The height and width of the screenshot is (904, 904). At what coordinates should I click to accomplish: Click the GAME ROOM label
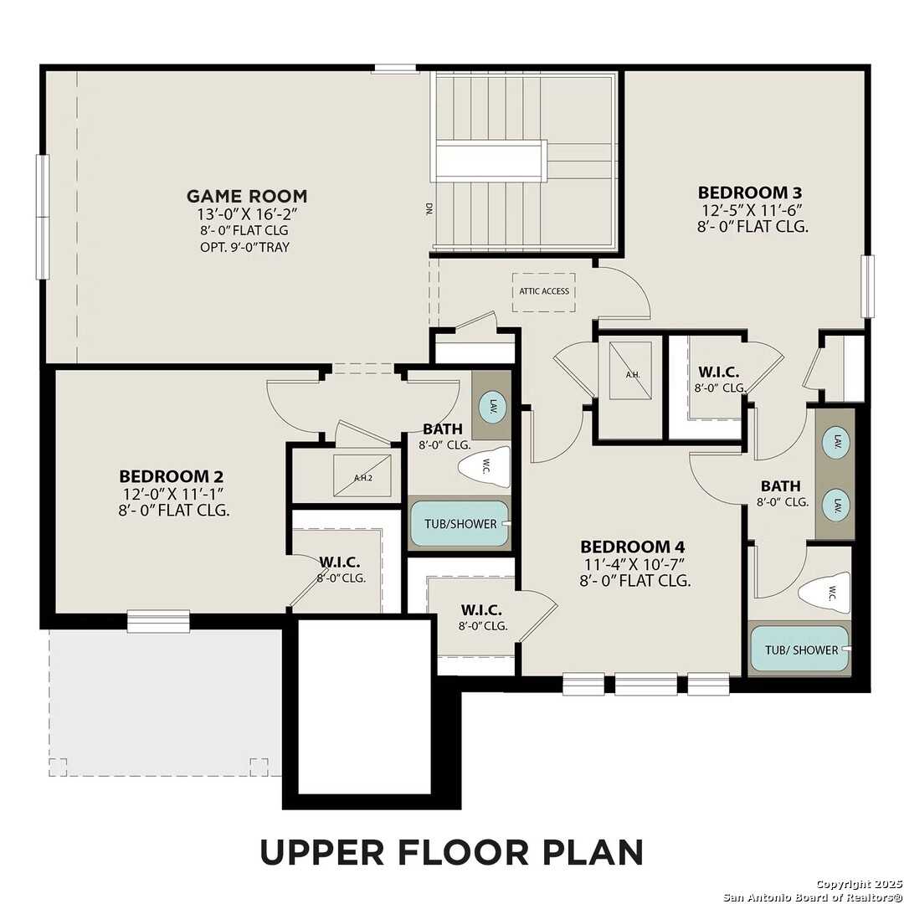[x=246, y=196]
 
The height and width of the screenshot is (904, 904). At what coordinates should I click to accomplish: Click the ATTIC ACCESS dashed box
[x=543, y=291]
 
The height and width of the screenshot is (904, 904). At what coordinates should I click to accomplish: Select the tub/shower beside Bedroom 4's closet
[x=458, y=524]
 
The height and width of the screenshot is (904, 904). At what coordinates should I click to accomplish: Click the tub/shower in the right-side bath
[x=799, y=650]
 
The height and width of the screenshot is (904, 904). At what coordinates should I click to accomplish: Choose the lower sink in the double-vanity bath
[x=836, y=505]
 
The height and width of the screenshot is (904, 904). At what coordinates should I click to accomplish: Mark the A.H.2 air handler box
[x=362, y=476]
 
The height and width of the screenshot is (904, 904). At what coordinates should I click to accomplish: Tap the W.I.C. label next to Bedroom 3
[x=718, y=371]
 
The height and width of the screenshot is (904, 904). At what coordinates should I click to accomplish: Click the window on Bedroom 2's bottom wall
[x=158, y=620]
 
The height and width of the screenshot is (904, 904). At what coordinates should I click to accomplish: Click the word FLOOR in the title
[x=451, y=852]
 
